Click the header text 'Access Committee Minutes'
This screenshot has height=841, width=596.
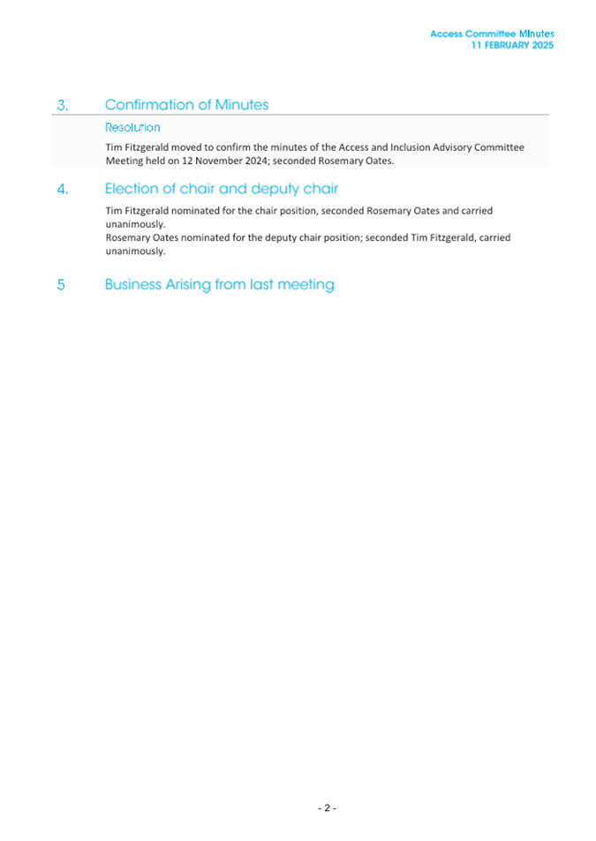pyautogui.click(x=492, y=34)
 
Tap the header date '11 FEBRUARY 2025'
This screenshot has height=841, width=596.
pyautogui.click(x=512, y=45)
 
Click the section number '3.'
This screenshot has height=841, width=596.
pyautogui.click(x=62, y=105)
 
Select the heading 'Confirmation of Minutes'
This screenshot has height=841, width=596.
pyautogui.click(x=186, y=105)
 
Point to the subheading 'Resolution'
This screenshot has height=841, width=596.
pyautogui.click(x=132, y=128)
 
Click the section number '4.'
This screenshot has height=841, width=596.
pyautogui.click(x=62, y=190)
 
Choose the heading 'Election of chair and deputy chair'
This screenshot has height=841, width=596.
pyautogui.click(x=221, y=189)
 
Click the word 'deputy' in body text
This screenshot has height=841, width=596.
pyautogui.click(x=260, y=237)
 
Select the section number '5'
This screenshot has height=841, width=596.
pyautogui.click(x=61, y=285)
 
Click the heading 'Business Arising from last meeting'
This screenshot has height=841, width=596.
pyautogui.click(x=219, y=285)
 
